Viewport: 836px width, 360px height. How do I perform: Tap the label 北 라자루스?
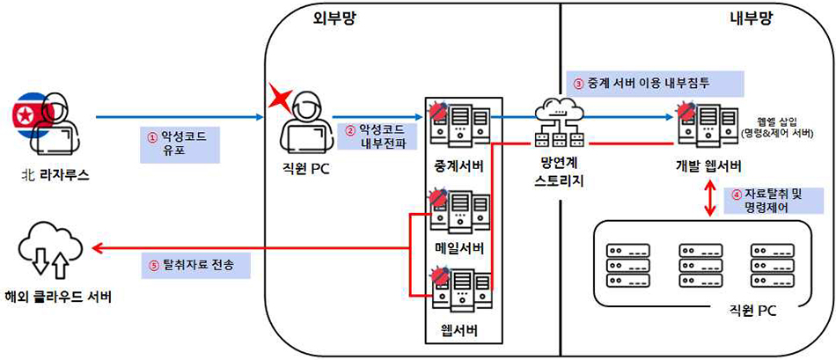pos(55,173)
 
